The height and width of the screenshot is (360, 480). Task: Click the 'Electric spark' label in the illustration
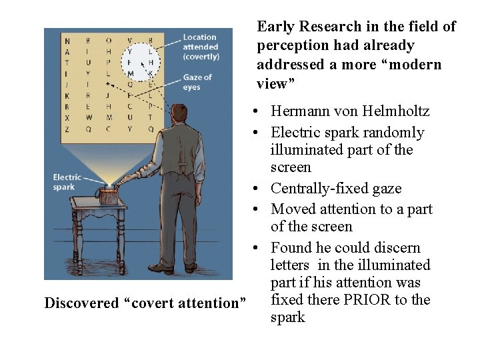pos(67,181)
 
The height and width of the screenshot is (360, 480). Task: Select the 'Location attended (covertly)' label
pos(201,47)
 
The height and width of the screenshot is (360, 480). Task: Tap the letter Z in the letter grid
pos(67,129)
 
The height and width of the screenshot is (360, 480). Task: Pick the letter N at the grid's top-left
pos(67,41)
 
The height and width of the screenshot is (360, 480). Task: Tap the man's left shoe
pos(161,268)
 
